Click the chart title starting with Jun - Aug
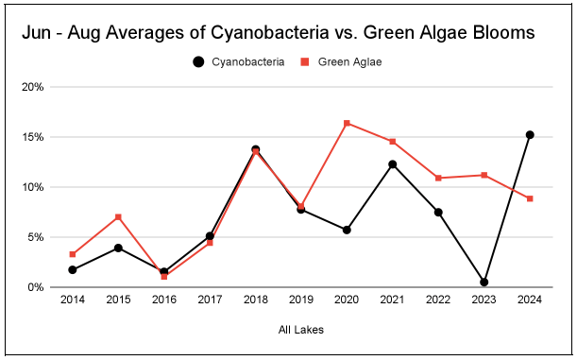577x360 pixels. coord(278,32)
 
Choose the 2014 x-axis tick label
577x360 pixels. coord(73,301)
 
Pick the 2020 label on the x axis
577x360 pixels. coord(347,301)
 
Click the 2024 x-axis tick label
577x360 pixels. coord(530,301)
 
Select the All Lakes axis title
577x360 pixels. coord(301,330)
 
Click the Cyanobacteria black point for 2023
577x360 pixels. coord(484,282)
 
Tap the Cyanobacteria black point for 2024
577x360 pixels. coord(530,135)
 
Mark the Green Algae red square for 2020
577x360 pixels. coord(347,123)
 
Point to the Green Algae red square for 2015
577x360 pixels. coord(118,217)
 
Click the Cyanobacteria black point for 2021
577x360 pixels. coord(393,164)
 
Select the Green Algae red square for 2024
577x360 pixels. coord(530,198)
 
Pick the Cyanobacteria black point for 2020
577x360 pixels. coord(347,230)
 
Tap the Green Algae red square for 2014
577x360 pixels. coord(73,254)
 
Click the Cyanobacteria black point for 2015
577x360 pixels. coord(118,248)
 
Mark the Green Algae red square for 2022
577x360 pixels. coord(438,178)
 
